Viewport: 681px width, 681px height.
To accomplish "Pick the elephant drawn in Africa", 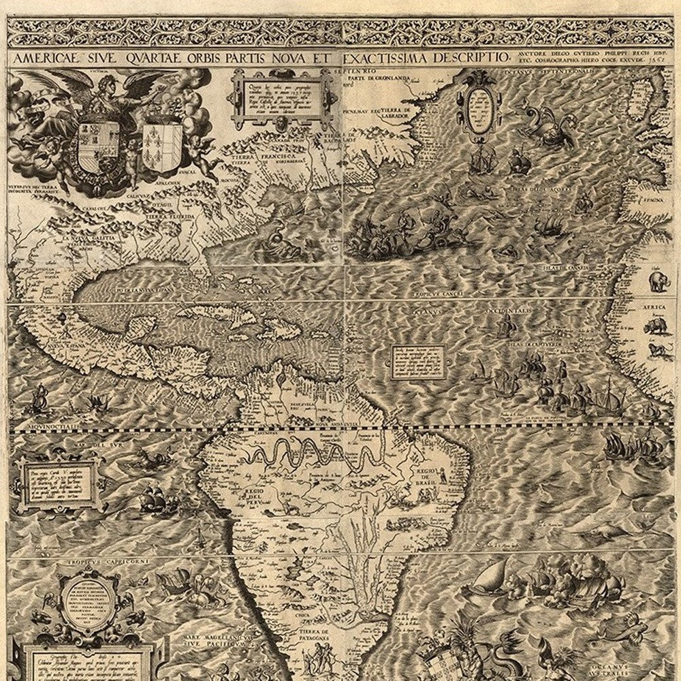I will [658, 281].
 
